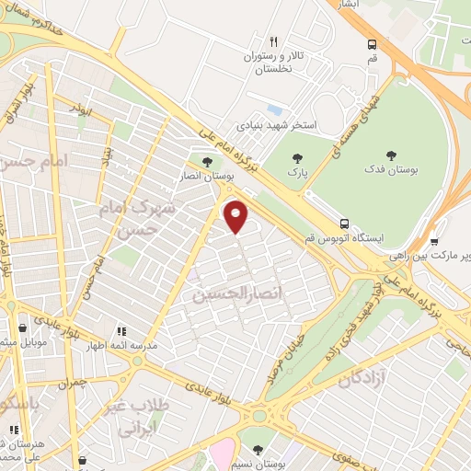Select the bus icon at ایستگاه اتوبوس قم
(344, 224)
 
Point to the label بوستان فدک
(392, 172)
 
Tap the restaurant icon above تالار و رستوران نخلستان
(273, 41)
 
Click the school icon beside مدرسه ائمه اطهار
(121, 331)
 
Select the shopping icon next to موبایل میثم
(23, 327)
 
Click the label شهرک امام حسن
(145, 217)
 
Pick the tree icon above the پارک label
(295, 158)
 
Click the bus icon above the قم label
(372, 44)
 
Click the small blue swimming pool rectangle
(274, 98)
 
